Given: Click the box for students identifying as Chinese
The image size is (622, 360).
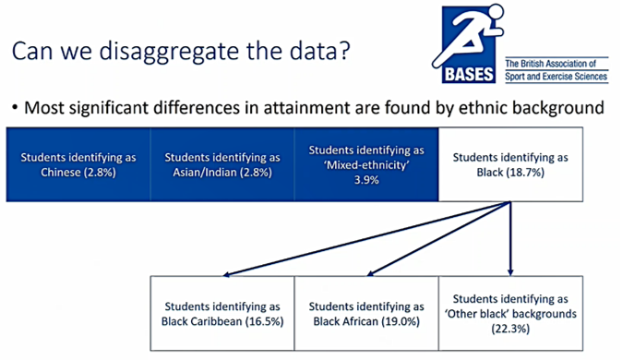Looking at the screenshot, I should pos(77,163).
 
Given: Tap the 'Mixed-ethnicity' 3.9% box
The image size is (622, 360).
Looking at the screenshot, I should pos(366,163).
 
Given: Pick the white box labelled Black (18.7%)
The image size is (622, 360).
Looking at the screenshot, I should pos(511,163).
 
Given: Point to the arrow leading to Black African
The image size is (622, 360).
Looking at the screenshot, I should pos(434,242).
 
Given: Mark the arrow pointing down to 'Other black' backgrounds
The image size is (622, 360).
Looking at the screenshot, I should pos(509,242).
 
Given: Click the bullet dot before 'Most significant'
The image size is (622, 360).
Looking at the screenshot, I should pos(15,109).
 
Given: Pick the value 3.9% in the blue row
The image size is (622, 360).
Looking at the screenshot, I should pos(366,177).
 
